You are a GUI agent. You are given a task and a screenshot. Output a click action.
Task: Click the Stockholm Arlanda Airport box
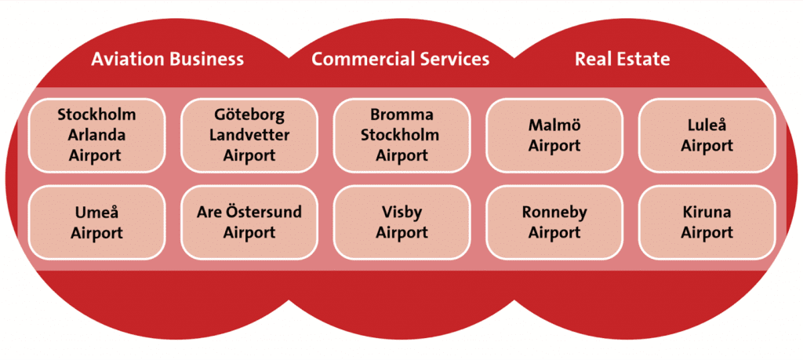(x=96, y=135)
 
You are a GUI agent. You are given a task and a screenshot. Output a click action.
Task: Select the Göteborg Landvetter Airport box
(x=249, y=135)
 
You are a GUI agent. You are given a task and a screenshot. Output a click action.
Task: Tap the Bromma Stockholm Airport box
(x=402, y=135)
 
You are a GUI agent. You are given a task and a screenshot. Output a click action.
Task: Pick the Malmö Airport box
(x=554, y=135)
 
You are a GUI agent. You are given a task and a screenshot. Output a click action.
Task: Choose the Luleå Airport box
(x=707, y=135)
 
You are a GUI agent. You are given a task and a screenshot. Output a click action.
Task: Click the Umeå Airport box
(x=96, y=222)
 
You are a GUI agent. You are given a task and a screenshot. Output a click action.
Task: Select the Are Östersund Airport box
(x=249, y=222)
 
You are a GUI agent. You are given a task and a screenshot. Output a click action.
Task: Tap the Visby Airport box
(x=402, y=222)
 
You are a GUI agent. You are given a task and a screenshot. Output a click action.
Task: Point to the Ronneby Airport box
(x=554, y=222)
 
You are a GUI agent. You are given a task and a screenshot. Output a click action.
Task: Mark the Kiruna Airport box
(x=707, y=222)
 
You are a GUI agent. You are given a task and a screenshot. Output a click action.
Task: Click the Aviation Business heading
(x=168, y=60)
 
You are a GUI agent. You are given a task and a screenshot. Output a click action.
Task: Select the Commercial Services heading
(x=401, y=60)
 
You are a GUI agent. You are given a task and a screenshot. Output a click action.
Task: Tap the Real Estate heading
(x=622, y=60)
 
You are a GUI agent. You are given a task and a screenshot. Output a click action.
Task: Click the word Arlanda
(x=96, y=135)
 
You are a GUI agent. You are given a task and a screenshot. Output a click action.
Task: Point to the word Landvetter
(x=249, y=135)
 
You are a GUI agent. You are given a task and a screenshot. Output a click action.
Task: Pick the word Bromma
(x=402, y=115)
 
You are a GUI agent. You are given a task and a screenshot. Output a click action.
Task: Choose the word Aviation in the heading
(x=128, y=60)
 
